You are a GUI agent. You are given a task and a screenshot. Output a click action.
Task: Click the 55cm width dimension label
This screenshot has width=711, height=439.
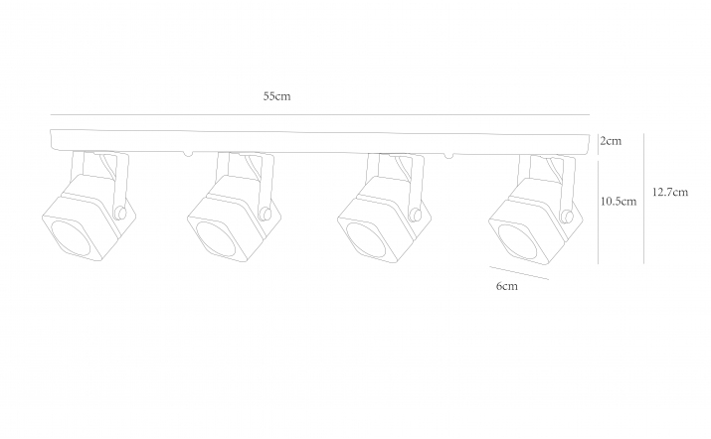click(x=276, y=96)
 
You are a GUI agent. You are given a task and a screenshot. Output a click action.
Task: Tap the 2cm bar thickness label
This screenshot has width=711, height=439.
click(x=611, y=141)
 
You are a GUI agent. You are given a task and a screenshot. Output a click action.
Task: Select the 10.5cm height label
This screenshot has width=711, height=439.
click(x=619, y=202)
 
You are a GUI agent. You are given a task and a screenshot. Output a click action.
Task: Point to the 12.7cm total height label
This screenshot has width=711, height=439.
click(x=670, y=192)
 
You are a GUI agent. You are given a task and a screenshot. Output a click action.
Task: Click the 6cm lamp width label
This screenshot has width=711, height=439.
click(x=506, y=286)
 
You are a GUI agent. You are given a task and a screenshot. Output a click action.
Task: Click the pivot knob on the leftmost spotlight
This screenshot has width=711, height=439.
click(x=120, y=213)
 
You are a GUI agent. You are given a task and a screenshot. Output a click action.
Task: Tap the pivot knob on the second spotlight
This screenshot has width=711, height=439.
click(x=266, y=214)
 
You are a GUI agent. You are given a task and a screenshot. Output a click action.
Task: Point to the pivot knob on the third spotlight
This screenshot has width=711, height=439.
click(x=415, y=214)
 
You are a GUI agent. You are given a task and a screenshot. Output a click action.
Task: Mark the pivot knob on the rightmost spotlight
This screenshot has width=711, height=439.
click(x=567, y=217)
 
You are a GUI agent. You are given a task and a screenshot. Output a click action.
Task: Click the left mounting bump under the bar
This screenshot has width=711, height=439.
click(x=188, y=154)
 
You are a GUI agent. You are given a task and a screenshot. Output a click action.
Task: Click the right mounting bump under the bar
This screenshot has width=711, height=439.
click(x=448, y=156)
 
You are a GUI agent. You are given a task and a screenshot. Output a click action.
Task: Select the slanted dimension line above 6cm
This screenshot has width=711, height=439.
click(x=519, y=273)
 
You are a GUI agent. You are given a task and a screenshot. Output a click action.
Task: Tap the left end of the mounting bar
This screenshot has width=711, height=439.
click(x=52, y=140)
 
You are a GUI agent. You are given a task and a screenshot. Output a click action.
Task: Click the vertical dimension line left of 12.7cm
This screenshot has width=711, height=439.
click(x=644, y=199)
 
